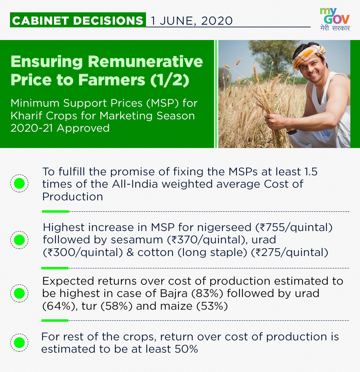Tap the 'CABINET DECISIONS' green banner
point(78,20)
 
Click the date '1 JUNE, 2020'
point(192,21)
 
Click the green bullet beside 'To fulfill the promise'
point(19,183)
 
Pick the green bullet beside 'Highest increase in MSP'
point(19,240)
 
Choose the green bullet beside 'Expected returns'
point(19,293)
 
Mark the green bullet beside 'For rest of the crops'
point(19,342)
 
